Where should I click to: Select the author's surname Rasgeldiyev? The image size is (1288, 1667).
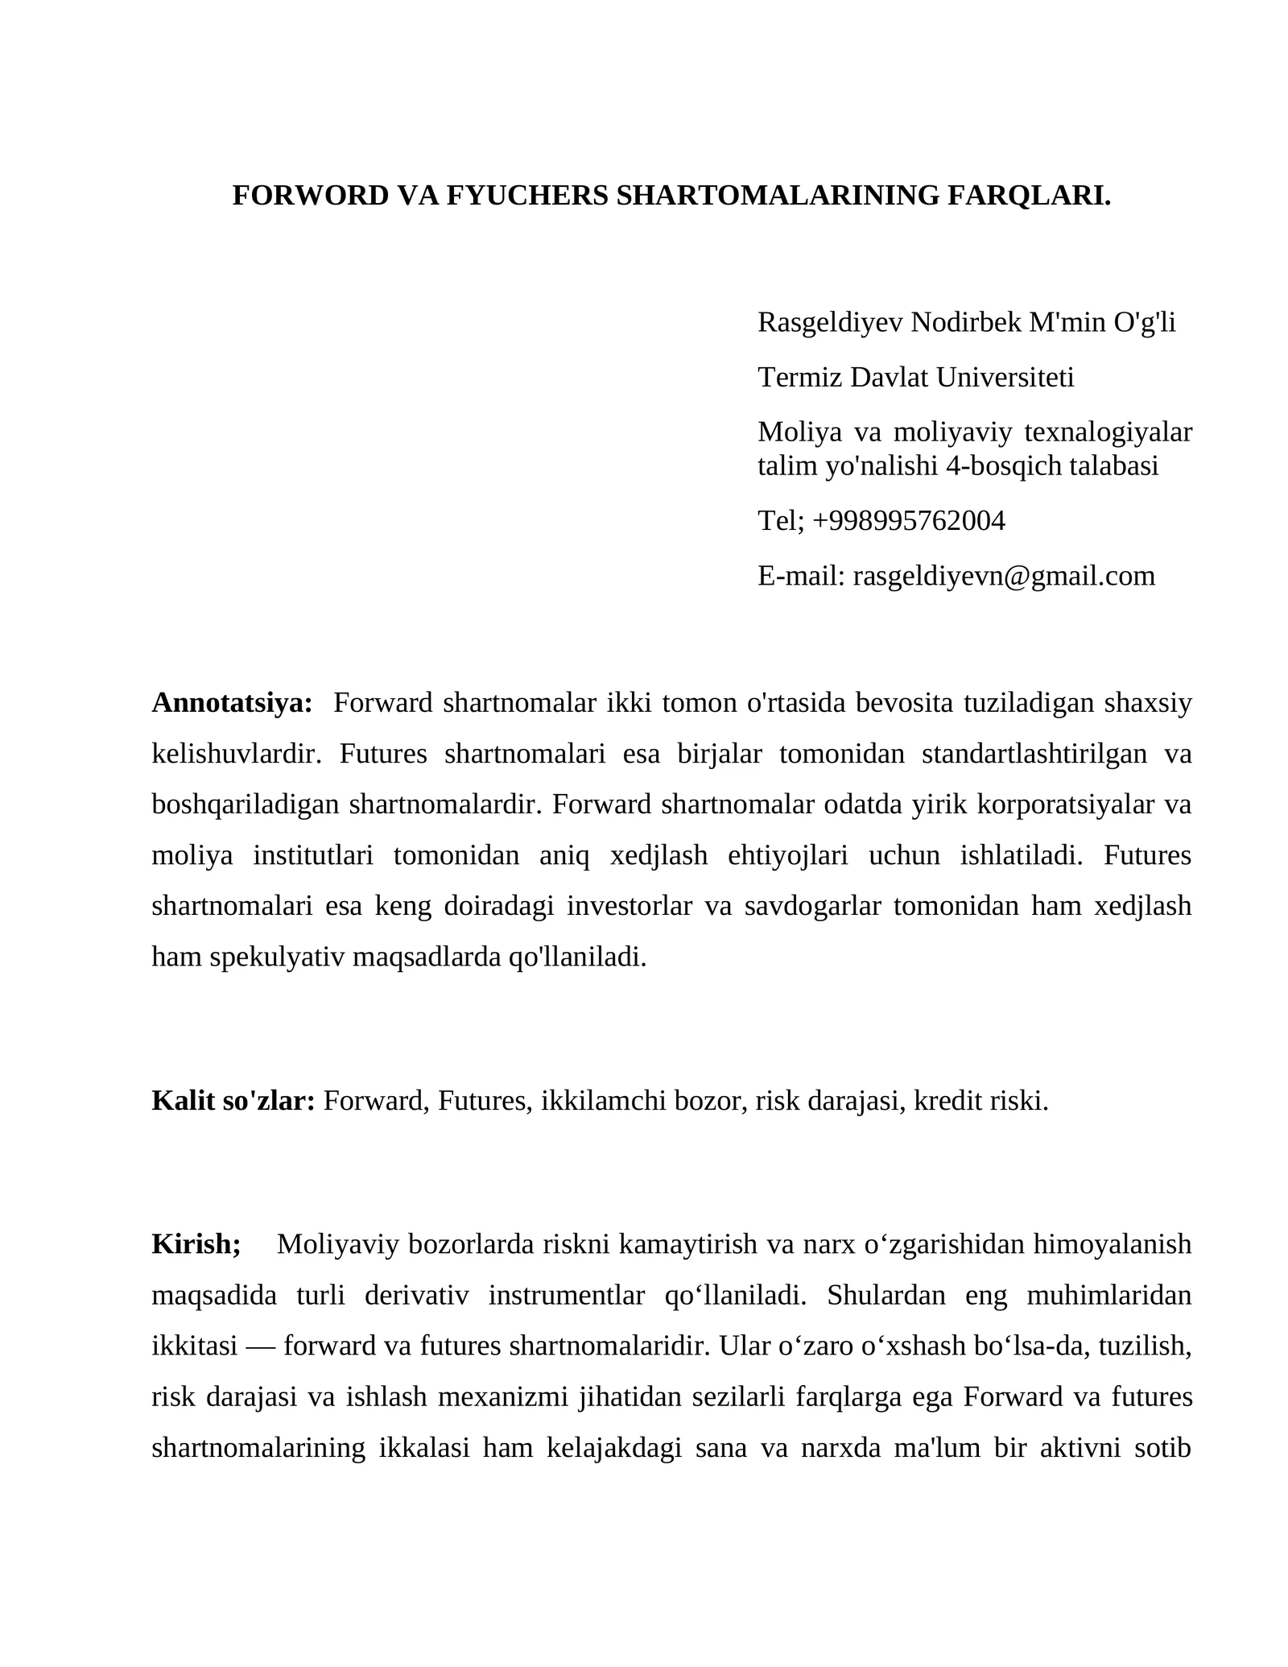pyautogui.click(x=830, y=323)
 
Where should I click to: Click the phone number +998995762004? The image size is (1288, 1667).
pyautogui.click(x=909, y=521)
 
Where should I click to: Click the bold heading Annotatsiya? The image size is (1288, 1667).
pyautogui.click(x=232, y=703)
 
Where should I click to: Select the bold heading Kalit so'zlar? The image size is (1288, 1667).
pyautogui.click(x=233, y=1101)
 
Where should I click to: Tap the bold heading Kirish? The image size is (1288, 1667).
pyautogui.click(x=196, y=1244)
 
